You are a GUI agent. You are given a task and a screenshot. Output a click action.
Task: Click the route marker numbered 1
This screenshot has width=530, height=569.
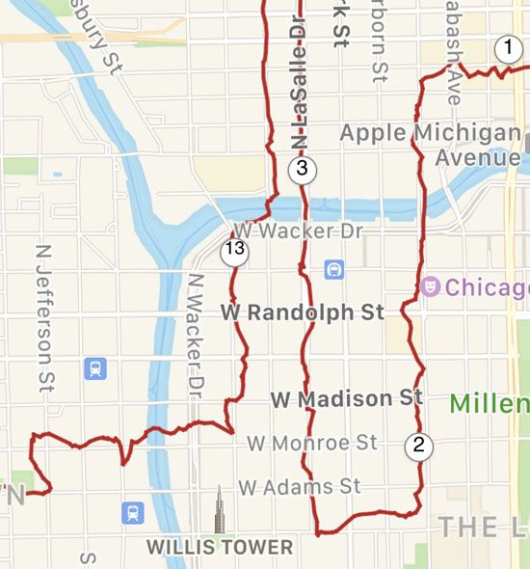click(508, 48)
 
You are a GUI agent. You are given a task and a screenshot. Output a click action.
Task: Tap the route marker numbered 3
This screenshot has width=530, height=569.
click(302, 171)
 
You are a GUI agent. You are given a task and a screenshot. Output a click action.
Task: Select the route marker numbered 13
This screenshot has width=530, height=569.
click(234, 252)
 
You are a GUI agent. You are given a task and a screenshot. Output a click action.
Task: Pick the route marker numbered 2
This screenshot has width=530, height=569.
click(418, 446)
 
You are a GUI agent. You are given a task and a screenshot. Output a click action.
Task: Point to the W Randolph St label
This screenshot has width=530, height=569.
click(303, 312)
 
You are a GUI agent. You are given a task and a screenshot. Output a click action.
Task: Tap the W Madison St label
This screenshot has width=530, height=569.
click(347, 398)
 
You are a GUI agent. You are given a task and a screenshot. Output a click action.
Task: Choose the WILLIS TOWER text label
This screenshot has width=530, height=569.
click(219, 548)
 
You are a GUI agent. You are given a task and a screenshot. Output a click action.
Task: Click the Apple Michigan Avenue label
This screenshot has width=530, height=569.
click(431, 144)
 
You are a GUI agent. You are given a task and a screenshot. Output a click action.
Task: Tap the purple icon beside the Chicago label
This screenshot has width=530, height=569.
click(430, 286)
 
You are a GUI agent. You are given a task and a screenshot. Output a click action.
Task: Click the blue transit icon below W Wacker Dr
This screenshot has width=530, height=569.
click(334, 268)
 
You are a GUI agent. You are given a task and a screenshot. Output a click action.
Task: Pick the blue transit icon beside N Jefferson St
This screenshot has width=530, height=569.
click(94, 368)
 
